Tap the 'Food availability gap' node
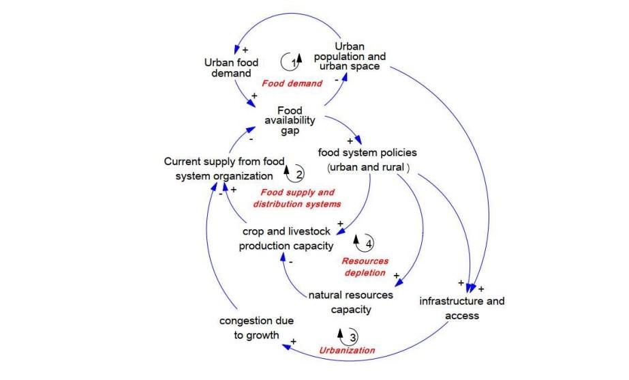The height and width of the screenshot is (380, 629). click(290, 121)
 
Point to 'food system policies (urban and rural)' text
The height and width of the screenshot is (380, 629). click(368, 160)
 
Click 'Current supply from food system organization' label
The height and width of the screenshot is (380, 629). click(219, 169)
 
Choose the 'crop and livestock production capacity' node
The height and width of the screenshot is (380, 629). click(286, 239)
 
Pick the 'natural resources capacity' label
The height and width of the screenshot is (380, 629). click(351, 302)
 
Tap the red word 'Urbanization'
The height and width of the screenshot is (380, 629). click(348, 350)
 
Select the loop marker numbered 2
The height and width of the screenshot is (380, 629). click(294, 174)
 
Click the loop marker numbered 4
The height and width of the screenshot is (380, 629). click(365, 242)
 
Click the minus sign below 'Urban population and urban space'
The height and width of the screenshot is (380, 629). click(336, 80)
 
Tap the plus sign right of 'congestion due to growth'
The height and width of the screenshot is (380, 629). click(294, 339)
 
